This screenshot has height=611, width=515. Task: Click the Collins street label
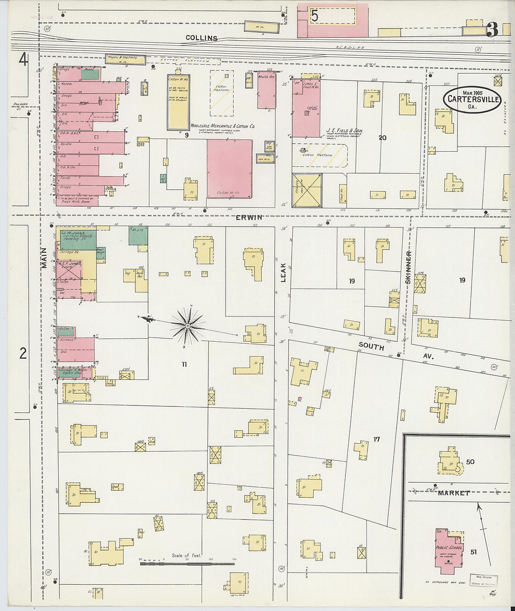[201, 38]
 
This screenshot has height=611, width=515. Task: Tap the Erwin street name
[249, 217]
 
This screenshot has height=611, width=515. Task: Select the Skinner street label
[408, 267]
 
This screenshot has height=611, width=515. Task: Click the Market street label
[454, 493]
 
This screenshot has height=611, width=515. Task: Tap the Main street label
[44, 258]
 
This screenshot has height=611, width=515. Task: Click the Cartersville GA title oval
[472, 99]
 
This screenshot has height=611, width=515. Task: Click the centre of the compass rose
[187, 324]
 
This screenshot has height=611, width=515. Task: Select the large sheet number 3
[492, 30]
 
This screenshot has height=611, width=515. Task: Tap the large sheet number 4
[23, 60]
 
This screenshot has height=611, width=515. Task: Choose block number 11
[184, 364]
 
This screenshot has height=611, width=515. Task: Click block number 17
[376, 439]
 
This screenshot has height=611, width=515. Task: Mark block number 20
[383, 138]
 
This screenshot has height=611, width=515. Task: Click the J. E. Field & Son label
[345, 131]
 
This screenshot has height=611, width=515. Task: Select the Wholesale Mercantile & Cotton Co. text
[222, 126]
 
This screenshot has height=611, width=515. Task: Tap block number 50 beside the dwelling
[470, 462]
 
